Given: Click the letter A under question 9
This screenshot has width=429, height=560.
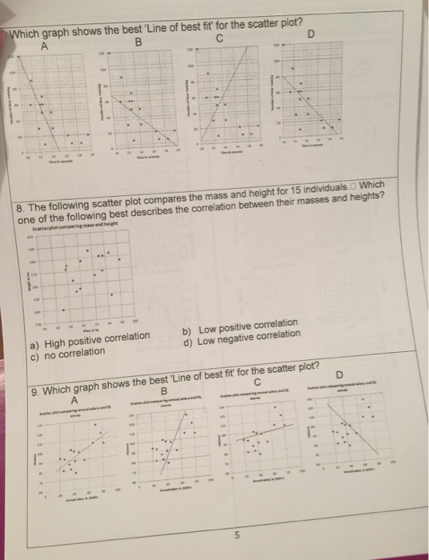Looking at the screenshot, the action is point(75,398).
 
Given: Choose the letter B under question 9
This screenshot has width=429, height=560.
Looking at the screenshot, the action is point(162,391).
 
